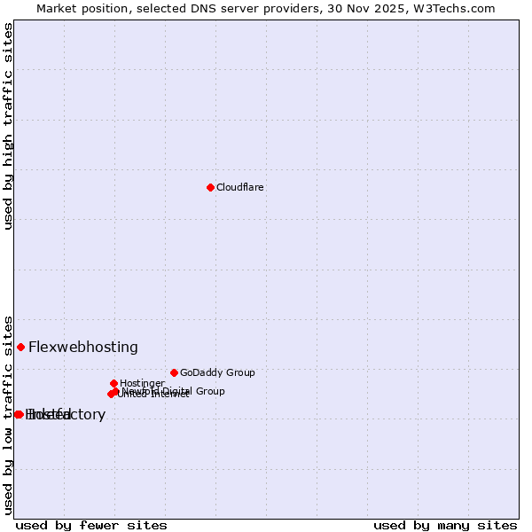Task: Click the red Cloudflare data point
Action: (210, 187)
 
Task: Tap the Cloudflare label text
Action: (240, 188)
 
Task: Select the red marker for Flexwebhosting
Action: (20, 347)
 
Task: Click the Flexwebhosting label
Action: (83, 348)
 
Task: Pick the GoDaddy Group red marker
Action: (174, 372)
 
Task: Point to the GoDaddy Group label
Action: (217, 373)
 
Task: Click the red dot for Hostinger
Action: (113, 383)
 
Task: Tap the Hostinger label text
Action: (142, 384)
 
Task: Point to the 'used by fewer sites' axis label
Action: (91, 525)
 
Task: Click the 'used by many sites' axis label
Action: (445, 525)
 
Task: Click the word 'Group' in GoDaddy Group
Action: (239, 373)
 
